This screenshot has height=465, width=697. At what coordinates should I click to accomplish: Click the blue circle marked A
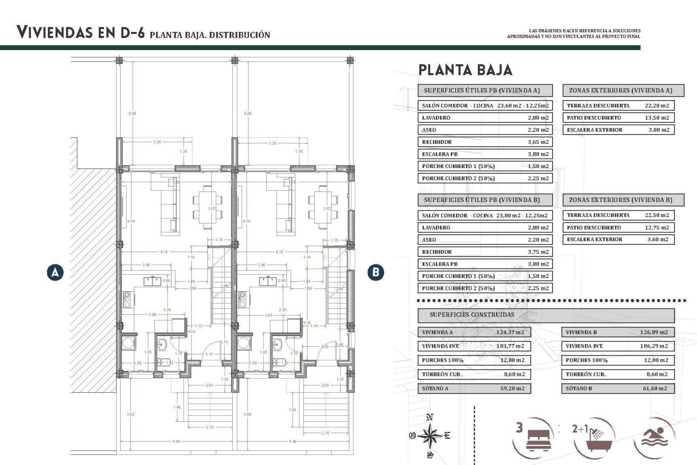coord(55,272)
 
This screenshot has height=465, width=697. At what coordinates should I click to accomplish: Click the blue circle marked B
coord(376,272)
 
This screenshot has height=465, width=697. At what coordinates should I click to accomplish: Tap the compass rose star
coord(430,435)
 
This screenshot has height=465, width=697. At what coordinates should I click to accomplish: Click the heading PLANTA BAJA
coord(465,70)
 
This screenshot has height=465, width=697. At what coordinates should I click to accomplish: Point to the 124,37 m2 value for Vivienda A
coord(510,332)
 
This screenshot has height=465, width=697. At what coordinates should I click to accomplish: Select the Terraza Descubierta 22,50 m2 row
coord(618,215)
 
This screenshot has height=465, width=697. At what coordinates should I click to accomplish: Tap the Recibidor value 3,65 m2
coord(538,142)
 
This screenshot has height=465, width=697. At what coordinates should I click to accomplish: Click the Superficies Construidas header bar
coord(546,315)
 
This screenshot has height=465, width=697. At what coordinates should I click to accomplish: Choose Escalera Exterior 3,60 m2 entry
coord(618,239)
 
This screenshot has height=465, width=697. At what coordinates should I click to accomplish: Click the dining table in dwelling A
coord(208,207)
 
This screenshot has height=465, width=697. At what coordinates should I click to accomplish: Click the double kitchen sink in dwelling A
coord(152,281)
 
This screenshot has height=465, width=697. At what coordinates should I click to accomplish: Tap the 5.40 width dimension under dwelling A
coord(176,441)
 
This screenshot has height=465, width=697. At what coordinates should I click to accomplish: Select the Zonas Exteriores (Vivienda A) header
coord(623,90)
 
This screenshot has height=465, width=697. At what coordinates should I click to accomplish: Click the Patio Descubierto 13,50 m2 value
coord(657,118)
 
